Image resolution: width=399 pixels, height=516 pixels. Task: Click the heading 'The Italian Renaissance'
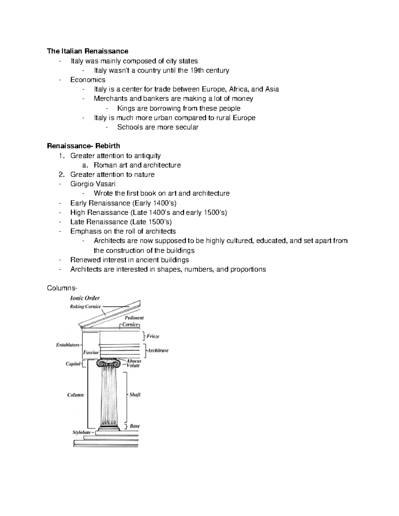(x=87, y=51)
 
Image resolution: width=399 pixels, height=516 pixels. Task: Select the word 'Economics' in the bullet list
(x=88, y=80)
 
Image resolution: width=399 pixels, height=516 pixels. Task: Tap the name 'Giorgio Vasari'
(x=93, y=184)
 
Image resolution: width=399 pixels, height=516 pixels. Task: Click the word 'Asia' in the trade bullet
(x=272, y=89)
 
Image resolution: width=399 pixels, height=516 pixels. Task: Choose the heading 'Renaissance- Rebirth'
(x=83, y=146)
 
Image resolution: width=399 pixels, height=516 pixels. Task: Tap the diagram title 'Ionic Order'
(x=85, y=298)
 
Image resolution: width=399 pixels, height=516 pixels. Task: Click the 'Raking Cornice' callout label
(x=85, y=307)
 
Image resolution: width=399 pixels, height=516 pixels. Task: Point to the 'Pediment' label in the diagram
(x=134, y=318)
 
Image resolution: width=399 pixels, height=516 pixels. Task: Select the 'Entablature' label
(x=68, y=345)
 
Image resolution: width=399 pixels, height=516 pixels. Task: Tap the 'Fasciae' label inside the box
(x=91, y=353)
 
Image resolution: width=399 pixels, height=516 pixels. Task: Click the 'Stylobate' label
(x=82, y=433)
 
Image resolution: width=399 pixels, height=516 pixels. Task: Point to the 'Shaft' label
(x=135, y=395)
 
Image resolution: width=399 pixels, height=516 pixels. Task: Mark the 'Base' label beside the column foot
(x=135, y=426)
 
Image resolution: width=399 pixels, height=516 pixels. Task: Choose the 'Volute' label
(x=133, y=365)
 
